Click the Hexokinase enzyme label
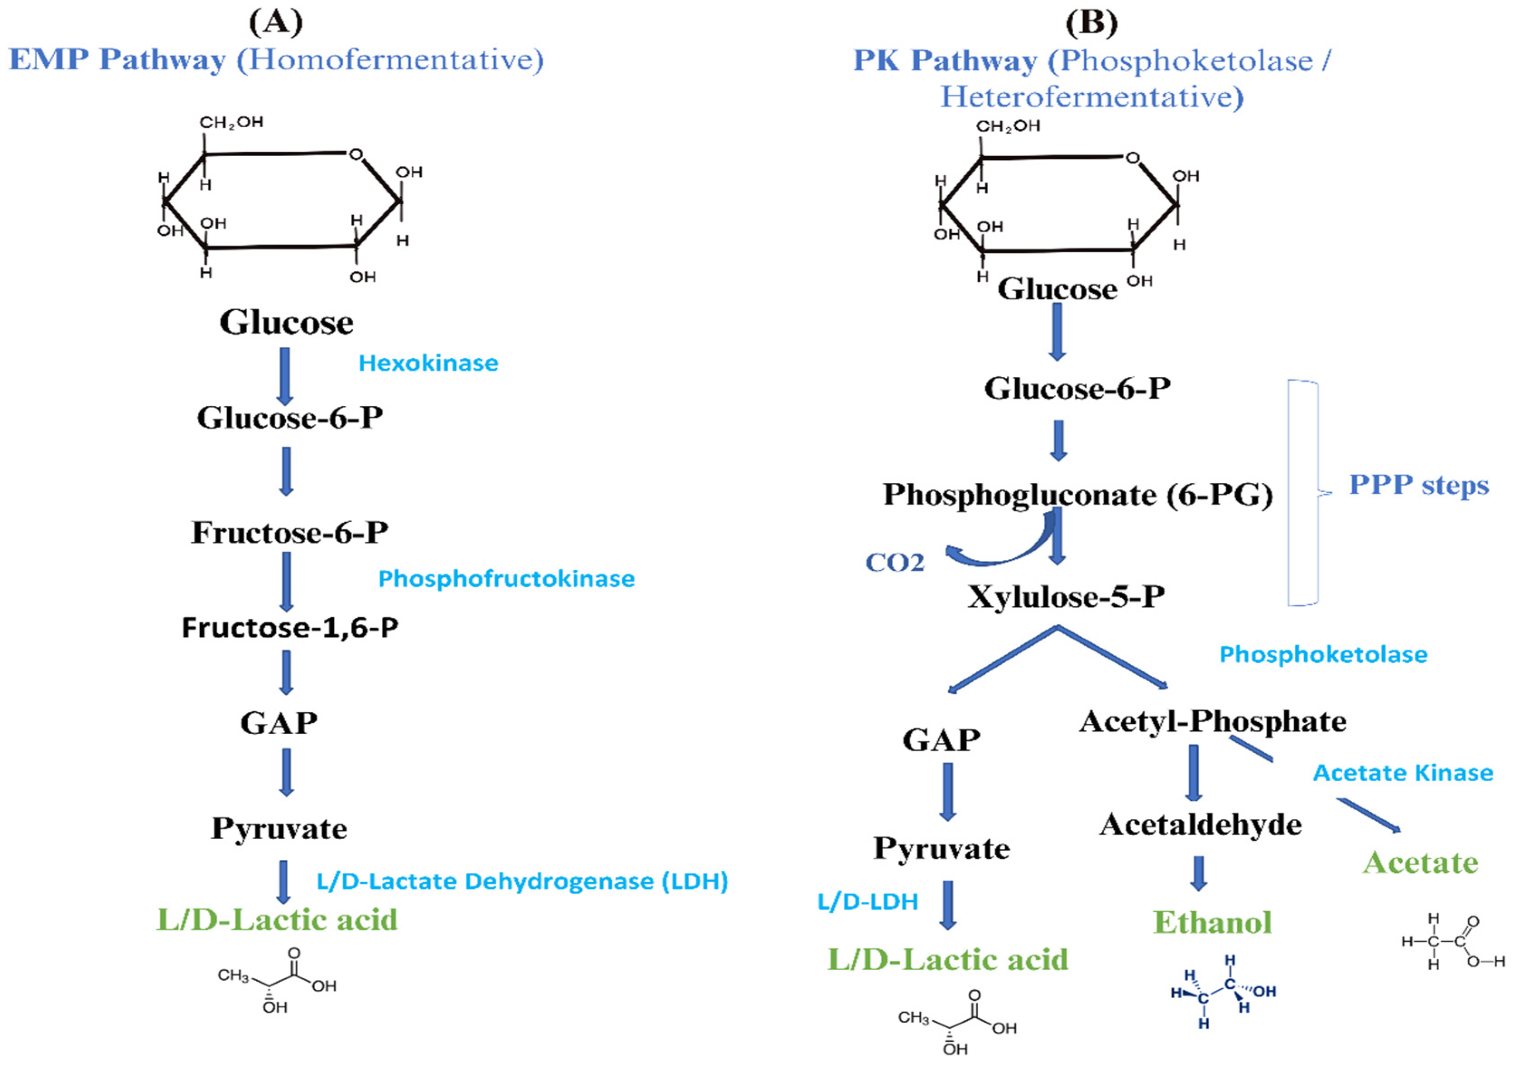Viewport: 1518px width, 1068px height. [x=428, y=363]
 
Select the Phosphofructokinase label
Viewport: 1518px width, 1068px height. [x=506, y=579]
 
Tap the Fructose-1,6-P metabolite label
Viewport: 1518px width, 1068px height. [x=289, y=627]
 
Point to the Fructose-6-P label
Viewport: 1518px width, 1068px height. [x=289, y=532]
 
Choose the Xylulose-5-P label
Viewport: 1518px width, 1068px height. [x=1065, y=597]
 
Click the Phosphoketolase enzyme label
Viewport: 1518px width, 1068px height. [x=1323, y=654]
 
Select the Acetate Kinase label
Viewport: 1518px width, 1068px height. [x=1403, y=772]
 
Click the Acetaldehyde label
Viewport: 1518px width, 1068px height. [x=1200, y=824]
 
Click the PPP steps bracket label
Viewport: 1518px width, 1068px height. [x=1418, y=485]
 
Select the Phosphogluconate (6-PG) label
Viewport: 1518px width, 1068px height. [x=1077, y=495]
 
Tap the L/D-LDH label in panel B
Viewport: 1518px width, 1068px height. [x=867, y=901]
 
